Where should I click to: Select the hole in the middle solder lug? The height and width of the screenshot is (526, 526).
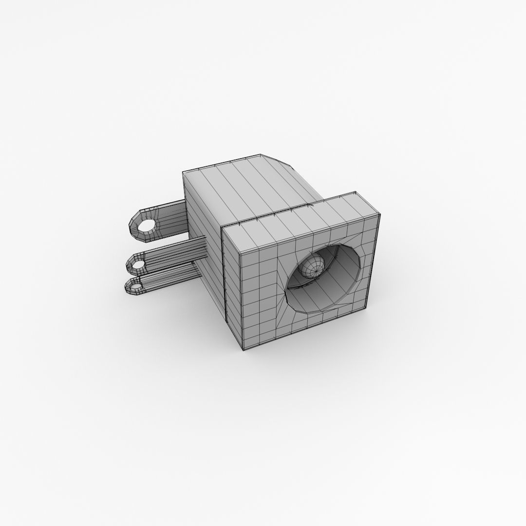(x=138, y=266)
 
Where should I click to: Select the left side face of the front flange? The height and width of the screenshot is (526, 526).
(x=232, y=287)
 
